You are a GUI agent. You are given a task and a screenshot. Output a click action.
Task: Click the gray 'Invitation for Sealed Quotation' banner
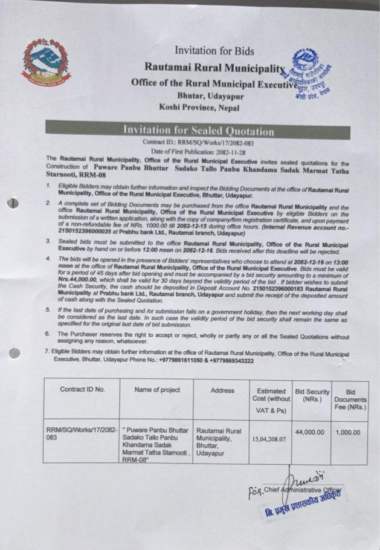tap(198, 131)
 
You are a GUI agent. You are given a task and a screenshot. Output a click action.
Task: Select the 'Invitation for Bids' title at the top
tap(214, 51)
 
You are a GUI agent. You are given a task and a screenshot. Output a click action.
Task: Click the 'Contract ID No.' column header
tap(82, 390)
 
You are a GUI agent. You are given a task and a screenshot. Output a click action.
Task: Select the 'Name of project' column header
tap(157, 390)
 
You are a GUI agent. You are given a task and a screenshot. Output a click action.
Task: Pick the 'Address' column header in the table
tap(222, 390)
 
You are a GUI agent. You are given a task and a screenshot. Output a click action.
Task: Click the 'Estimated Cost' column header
tap(271, 400)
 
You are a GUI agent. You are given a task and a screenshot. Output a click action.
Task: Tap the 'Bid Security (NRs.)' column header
tap(311, 395)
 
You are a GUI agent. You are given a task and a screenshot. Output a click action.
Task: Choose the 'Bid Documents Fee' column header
tap(350, 400)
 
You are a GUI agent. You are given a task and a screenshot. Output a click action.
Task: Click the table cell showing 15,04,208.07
tap(270, 440)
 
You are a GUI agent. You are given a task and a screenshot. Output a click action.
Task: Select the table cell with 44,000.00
tap(311, 433)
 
